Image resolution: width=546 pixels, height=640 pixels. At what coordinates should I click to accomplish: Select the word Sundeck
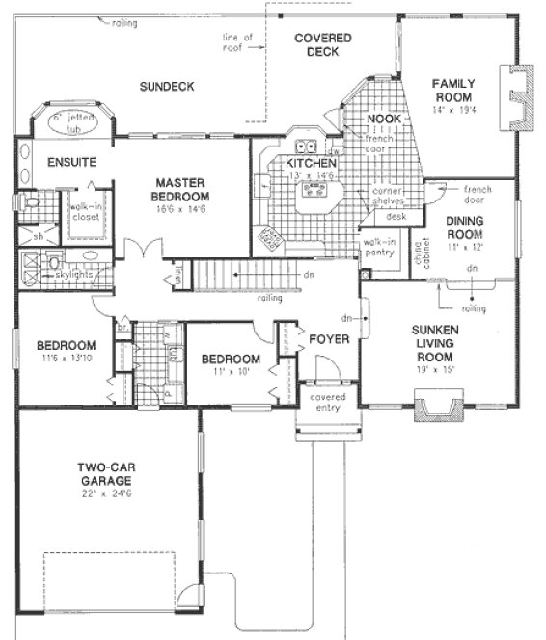click(166, 87)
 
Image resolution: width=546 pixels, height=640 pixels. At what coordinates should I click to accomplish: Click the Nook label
click(383, 120)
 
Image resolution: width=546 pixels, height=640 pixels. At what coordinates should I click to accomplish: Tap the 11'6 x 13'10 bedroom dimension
click(66, 359)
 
